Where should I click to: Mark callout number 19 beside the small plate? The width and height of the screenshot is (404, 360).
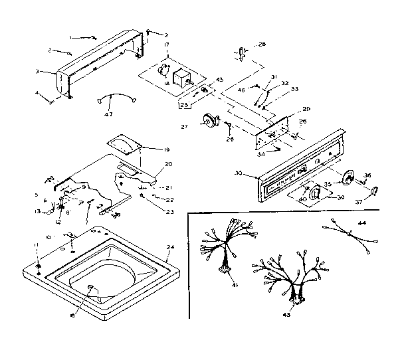pyautogui.click(x=148, y=150)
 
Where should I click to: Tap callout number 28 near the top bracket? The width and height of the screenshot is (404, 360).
pyautogui.click(x=261, y=44)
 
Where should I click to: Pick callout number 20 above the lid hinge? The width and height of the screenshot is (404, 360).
pyautogui.click(x=168, y=164)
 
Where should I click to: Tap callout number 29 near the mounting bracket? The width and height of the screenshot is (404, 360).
pyautogui.click(x=306, y=108)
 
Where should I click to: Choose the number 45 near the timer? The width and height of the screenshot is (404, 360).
pyautogui.click(x=219, y=80)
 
